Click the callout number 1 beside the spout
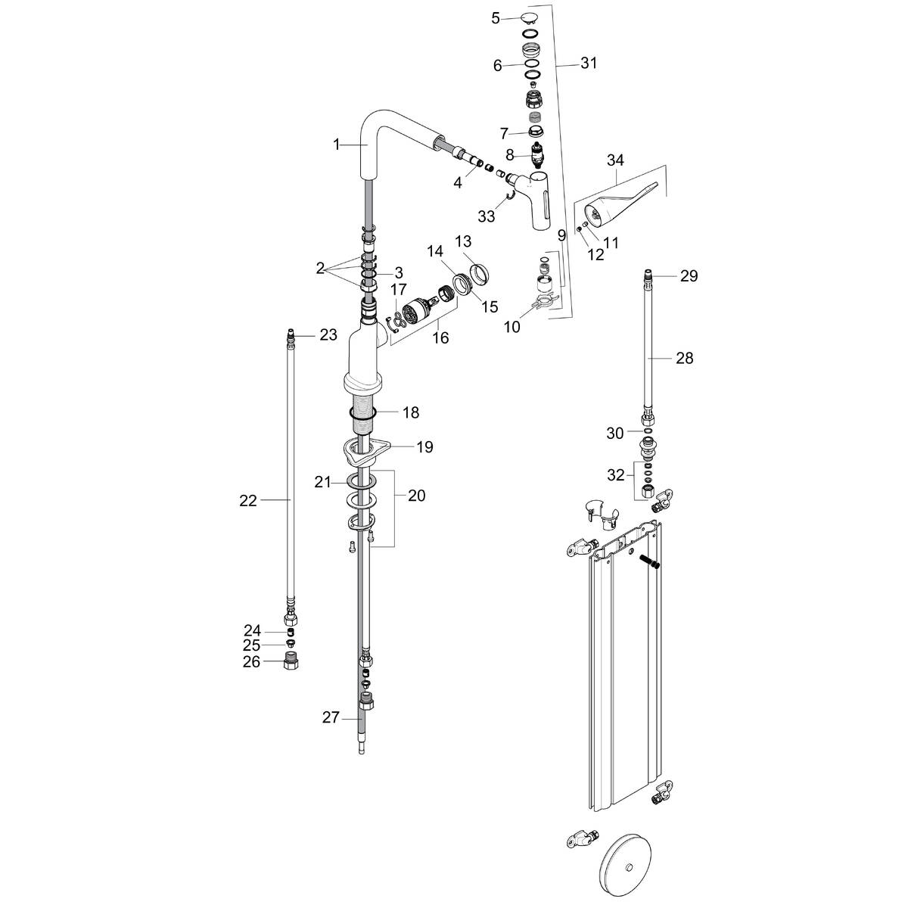[337, 144]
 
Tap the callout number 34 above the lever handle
[615, 160]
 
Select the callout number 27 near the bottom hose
[331, 718]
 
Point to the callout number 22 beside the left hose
[248, 500]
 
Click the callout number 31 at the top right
[589, 64]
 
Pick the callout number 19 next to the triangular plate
[424, 447]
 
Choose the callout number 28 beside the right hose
[684, 358]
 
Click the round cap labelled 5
[530, 18]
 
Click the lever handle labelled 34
[617, 204]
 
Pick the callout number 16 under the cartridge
[440, 337]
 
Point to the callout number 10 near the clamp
[512, 327]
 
